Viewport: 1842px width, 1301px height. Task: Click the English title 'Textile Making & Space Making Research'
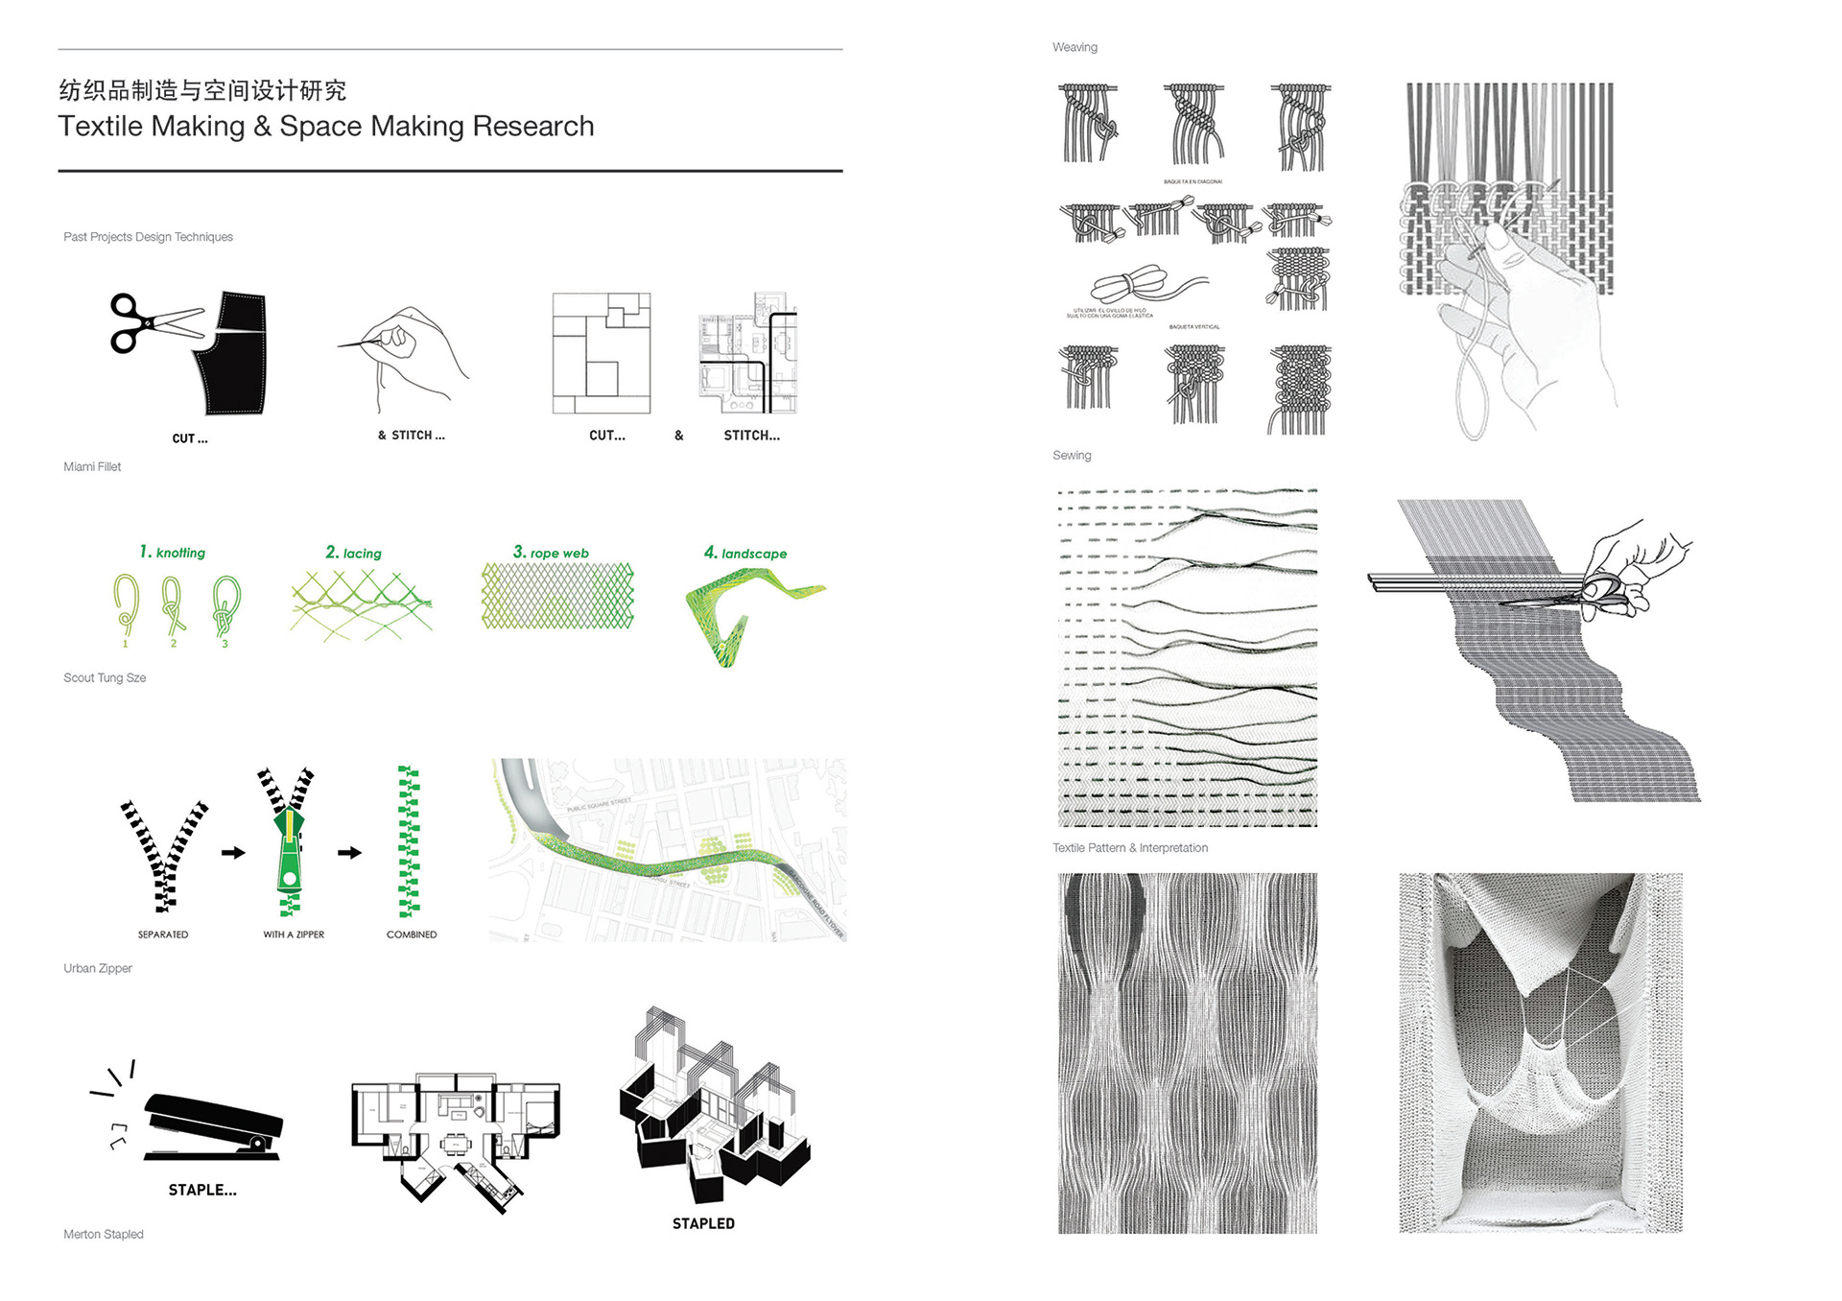(326, 127)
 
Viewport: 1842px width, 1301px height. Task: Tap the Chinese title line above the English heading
(202, 90)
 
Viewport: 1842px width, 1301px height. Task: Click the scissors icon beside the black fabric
(153, 322)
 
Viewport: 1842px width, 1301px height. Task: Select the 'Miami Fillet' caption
(92, 467)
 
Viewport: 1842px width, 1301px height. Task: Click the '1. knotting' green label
(173, 553)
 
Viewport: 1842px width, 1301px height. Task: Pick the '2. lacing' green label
(353, 554)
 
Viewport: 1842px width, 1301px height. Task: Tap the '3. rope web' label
(551, 553)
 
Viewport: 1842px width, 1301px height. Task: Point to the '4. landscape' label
(745, 554)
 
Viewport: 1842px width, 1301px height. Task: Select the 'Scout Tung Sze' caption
(105, 678)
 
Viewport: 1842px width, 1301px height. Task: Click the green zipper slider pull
(290, 849)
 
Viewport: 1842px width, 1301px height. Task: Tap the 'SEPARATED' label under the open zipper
(163, 934)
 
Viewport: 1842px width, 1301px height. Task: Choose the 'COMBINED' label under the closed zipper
(412, 934)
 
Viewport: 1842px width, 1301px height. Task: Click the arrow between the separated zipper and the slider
(233, 852)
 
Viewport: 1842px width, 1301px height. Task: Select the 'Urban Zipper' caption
(98, 969)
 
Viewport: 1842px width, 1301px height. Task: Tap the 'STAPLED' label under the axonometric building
(703, 1224)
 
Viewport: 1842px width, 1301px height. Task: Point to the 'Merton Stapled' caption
(104, 1235)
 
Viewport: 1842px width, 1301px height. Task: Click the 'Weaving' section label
(1074, 48)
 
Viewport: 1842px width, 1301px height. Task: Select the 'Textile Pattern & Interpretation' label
(1130, 848)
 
